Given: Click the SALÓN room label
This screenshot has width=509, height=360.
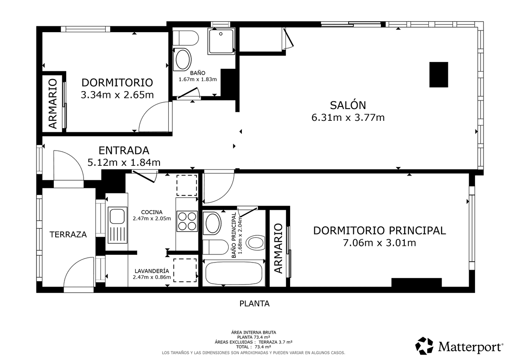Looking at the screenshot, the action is (348, 105).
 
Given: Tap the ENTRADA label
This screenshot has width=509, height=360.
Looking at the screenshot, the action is (124, 151).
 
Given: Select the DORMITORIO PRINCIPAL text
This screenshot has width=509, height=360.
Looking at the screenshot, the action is (380, 231).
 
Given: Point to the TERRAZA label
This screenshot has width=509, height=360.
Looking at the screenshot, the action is (68, 234).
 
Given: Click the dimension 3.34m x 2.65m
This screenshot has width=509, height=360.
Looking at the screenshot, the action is (117, 95).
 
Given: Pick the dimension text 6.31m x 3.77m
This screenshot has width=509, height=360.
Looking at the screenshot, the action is (348, 117).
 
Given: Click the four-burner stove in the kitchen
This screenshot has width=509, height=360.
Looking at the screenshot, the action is (187, 221).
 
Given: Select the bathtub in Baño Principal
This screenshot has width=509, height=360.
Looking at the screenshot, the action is (234, 273).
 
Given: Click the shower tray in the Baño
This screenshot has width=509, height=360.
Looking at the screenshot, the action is (221, 41).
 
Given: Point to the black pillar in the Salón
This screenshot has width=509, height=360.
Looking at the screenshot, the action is (439, 75).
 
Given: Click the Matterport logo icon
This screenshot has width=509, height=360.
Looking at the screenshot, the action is (424, 346).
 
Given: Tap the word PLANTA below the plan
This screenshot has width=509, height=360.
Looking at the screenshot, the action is (255, 304).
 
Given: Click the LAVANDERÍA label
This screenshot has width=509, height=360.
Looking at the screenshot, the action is (152, 271).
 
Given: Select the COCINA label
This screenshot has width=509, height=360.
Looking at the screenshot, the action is (152, 212).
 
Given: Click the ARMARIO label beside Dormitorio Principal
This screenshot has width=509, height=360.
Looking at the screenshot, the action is (278, 248).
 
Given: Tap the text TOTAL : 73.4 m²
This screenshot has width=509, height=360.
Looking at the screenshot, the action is (253, 347).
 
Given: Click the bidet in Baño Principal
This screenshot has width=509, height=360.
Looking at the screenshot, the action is (256, 243).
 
